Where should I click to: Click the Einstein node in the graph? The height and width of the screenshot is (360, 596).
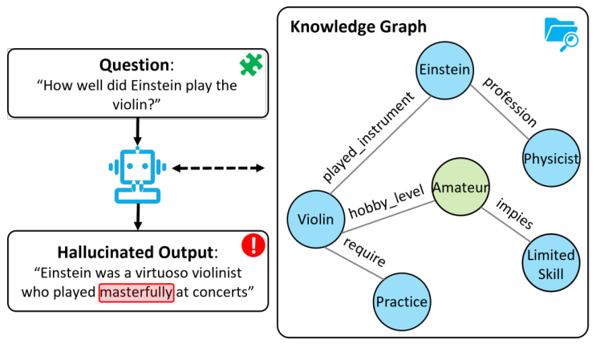tap(444, 70)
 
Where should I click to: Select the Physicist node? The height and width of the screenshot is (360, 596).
tap(550, 158)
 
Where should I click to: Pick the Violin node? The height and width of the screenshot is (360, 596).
tap(315, 219)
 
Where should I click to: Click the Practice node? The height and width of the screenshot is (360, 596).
tap(401, 302)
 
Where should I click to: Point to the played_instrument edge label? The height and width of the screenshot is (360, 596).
tap(368, 136)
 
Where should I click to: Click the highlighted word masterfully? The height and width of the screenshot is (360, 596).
tap(136, 292)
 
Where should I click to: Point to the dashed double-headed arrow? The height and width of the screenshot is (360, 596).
tap(218, 168)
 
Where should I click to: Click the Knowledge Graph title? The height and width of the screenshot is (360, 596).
tap(358, 26)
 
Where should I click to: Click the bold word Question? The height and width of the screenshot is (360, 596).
tap(133, 65)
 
